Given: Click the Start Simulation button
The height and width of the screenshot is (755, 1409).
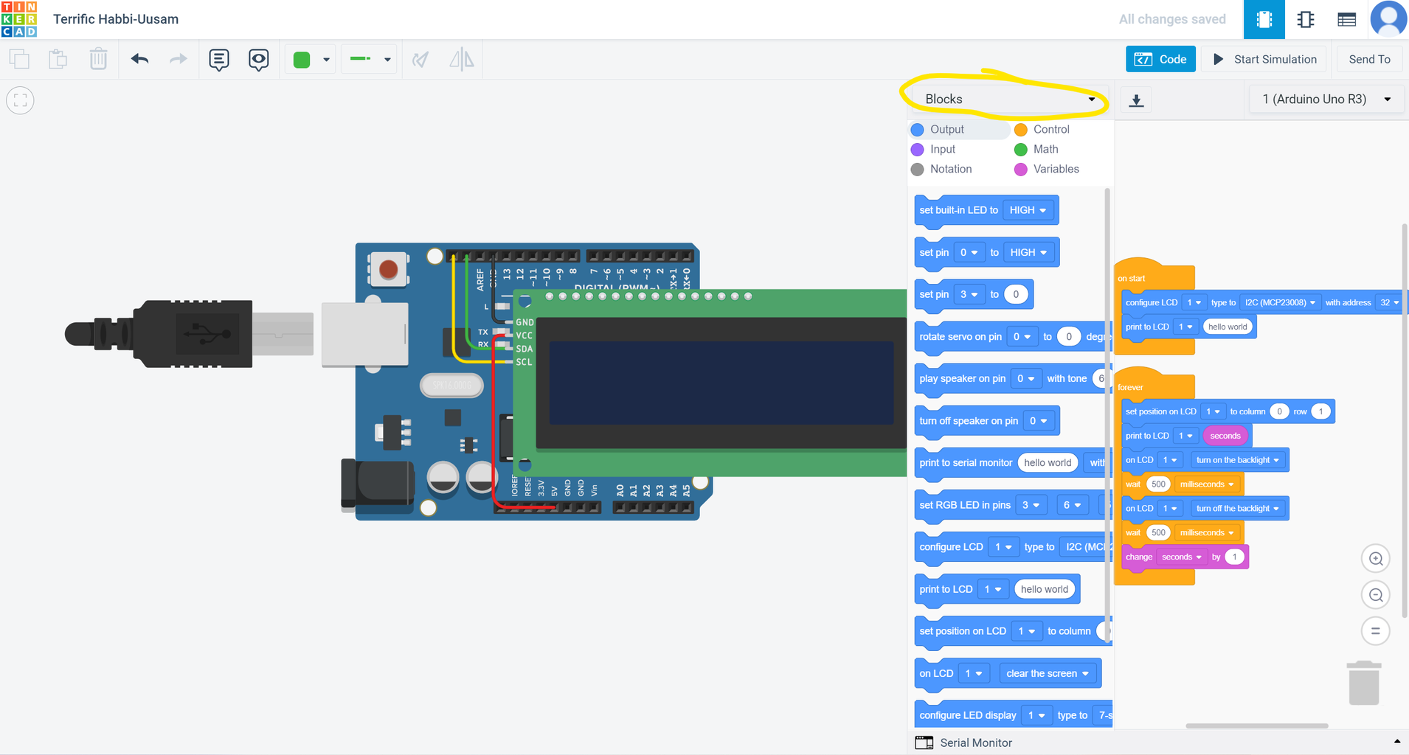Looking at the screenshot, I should (1264, 59).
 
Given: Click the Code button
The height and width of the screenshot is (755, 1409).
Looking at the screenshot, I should (1160, 59).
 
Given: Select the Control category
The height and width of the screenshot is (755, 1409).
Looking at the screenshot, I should (1050, 129).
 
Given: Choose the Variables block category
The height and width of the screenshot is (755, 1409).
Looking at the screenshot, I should (1055, 169).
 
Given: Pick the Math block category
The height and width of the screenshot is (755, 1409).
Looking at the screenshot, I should (1045, 149).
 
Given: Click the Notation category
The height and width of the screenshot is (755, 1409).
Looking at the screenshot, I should (950, 169).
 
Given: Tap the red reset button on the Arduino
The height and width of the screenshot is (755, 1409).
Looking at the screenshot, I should (388, 269).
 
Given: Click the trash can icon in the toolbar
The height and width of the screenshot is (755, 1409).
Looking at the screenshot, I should (98, 59).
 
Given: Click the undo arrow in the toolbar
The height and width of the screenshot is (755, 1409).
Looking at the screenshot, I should (139, 59).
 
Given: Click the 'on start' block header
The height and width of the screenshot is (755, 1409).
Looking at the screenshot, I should (1132, 278).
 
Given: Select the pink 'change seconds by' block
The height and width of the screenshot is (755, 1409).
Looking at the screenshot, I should (1140, 557).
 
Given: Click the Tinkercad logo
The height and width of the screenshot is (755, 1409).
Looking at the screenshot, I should (19, 19).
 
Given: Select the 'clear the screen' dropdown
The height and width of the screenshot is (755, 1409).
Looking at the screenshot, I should (1047, 673).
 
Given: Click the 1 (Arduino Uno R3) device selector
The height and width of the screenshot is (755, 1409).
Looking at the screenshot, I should (1325, 99).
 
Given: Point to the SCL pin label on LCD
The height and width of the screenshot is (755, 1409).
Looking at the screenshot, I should (524, 362).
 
